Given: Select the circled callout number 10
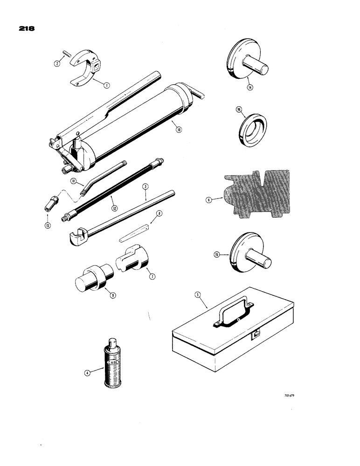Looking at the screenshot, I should point(178,130).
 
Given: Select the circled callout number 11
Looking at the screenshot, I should point(74,181).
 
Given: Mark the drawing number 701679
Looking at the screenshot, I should point(290,396).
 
